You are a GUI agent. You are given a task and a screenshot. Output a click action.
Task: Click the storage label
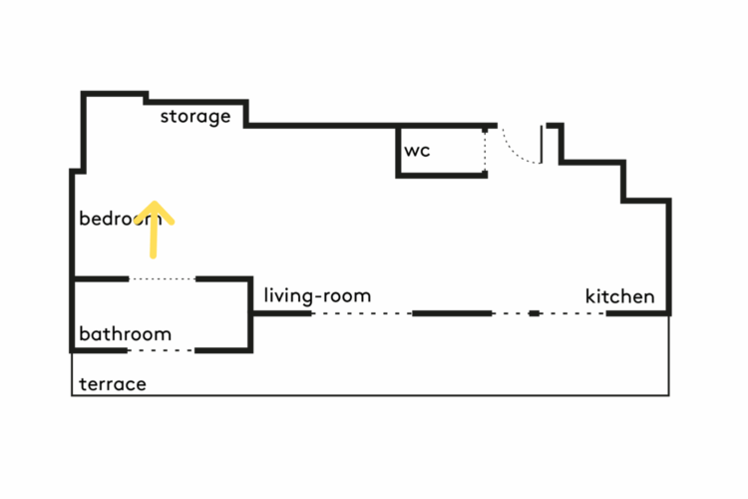pos(195,117)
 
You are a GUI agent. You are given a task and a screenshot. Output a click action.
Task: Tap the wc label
pos(417,151)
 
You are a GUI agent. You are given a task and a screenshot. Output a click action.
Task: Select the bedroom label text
pos(120,219)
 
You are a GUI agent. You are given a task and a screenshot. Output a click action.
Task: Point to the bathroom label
pos(125,333)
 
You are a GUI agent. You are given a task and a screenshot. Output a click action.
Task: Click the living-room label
pos(317,295)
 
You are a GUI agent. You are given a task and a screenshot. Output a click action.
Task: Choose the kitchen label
pos(619,296)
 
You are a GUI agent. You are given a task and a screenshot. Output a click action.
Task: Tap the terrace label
pos(112,384)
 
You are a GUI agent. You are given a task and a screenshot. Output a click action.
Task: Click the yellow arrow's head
pos(155,211)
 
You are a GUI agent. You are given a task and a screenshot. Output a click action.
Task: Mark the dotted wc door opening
pos(486,152)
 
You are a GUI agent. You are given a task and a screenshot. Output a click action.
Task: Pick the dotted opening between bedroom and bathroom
pos(163,279)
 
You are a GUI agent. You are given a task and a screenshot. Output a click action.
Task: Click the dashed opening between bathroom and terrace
pos(161,350)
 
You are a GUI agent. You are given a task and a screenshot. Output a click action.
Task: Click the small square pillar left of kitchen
pos(535,313)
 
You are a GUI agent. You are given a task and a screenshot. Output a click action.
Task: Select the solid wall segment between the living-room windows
pos(452,313)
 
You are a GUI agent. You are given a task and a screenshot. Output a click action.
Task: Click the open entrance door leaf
pos(542,145)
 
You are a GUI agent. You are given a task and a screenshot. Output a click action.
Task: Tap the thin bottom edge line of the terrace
pos(369,396)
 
